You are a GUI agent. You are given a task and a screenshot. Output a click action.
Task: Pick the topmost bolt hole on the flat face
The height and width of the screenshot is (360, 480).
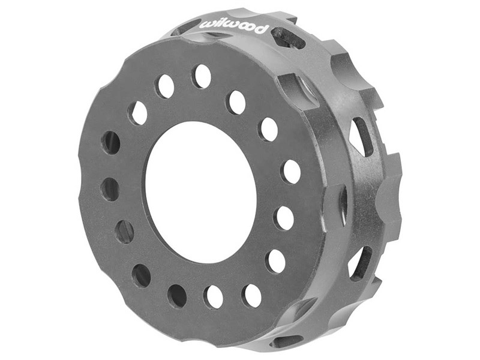(202, 76)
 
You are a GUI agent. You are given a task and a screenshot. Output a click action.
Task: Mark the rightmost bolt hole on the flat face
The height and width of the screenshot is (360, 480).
(291, 172)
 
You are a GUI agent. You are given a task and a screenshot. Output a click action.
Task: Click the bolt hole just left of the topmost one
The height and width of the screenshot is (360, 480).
(165, 86)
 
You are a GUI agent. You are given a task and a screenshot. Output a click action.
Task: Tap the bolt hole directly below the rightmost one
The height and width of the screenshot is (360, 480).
(284, 217)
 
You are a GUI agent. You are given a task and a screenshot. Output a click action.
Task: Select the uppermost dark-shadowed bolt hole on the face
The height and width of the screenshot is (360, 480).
(111, 143)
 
